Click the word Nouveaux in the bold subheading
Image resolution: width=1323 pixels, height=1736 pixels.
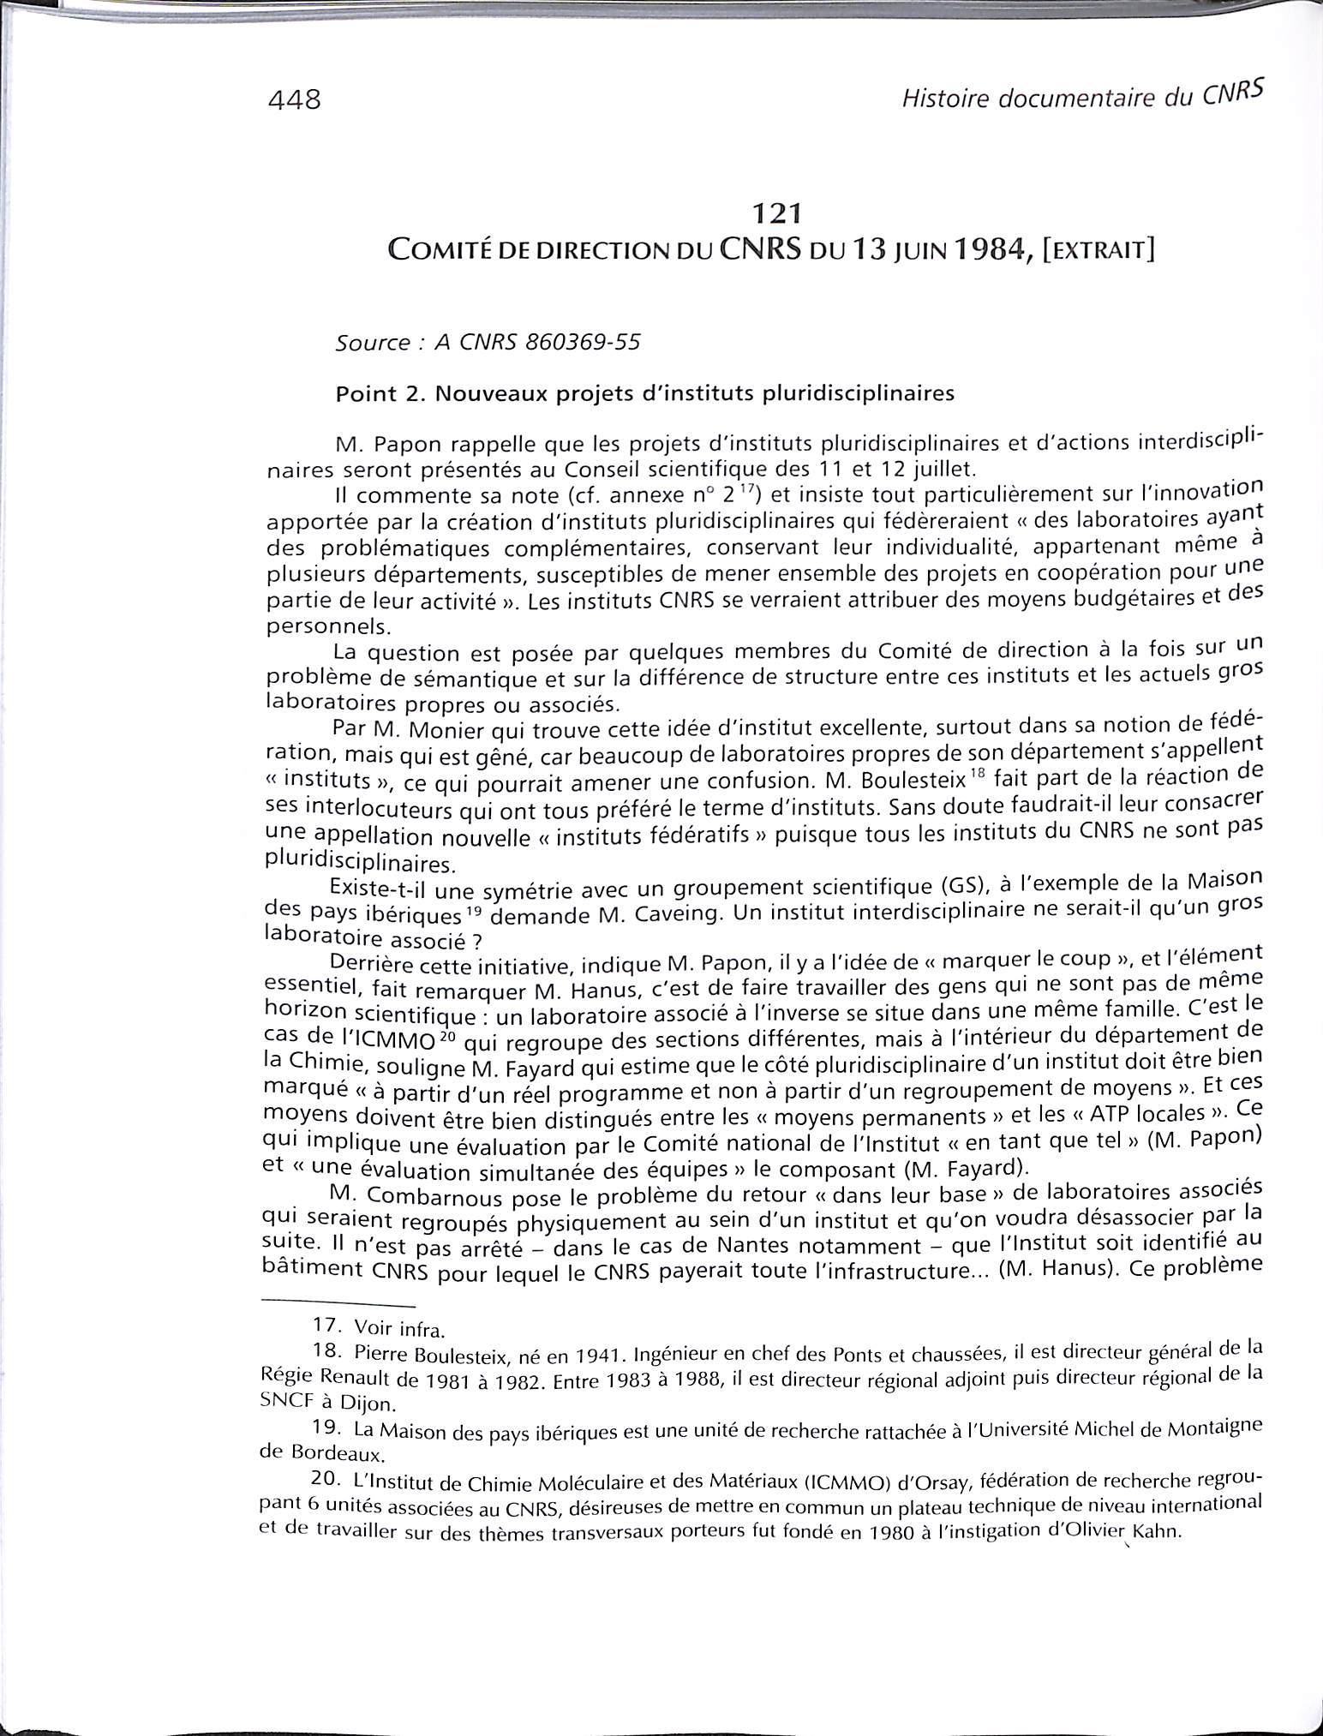pos(480,394)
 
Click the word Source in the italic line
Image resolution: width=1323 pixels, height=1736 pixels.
pos(372,343)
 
